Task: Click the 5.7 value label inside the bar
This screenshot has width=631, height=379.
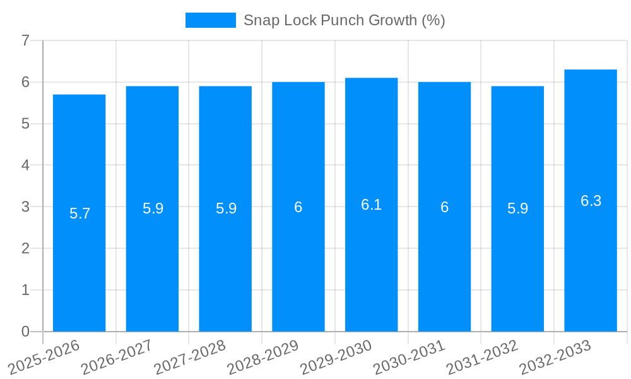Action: click(x=80, y=214)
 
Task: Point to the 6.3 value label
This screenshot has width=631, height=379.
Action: click(x=591, y=201)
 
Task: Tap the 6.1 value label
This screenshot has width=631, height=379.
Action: click(x=371, y=205)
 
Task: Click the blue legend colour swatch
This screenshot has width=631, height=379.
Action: click(x=210, y=20)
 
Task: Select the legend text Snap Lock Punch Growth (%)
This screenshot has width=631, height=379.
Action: click(x=344, y=20)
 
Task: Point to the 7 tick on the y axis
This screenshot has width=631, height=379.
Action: click(x=25, y=40)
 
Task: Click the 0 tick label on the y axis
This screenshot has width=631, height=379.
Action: click(x=25, y=332)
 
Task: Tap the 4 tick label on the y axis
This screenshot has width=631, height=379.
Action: click(x=25, y=165)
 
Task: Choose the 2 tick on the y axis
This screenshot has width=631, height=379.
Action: click(x=25, y=248)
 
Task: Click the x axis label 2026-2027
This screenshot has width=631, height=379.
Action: click(x=117, y=357)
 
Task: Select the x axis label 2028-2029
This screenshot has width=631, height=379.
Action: click(x=262, y=357)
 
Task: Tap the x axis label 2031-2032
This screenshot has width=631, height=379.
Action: click(x=482, y=357)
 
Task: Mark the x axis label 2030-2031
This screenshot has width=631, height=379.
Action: click(x=409, y=357)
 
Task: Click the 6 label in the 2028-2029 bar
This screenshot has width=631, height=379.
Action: click(x=298, y=207)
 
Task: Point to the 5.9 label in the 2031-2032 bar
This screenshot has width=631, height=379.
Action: click(x=517, y=208)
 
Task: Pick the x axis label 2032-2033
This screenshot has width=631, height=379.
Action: click(x=555, y=357)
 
